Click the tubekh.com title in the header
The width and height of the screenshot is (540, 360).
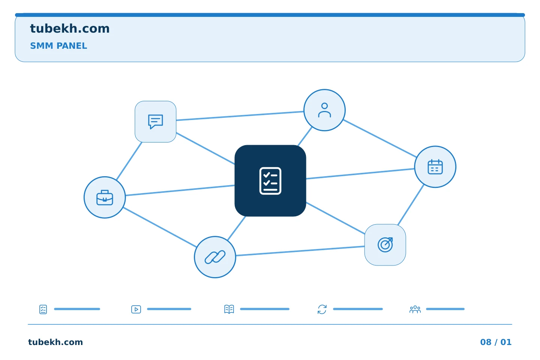click(70, 28)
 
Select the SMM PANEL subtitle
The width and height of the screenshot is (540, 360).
click(58, 46)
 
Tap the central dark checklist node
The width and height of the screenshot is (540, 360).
click(270, 181)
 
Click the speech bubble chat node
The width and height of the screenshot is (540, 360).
click(156, 121)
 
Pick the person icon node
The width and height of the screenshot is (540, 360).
click(324, 110)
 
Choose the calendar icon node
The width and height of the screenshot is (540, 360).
click(435, 166)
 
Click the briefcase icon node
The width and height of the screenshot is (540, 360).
click(105, 197)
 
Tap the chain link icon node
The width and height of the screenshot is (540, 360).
click(215, 257)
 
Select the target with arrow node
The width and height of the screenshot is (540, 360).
click(385, 245)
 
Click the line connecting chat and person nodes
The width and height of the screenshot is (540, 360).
click(240, 116)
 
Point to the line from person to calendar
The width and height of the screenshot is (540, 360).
click(380, 138)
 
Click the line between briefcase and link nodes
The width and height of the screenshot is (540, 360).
click(160, 227)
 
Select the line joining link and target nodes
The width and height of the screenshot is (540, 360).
click(300, 251)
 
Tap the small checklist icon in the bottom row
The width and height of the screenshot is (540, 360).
click(43, 309)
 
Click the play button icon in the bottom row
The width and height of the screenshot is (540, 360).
click(136, 309)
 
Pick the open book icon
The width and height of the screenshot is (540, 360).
click(229, 309)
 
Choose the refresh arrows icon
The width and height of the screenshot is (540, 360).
click(322, 309)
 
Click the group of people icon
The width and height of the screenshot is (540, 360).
click(415, 309)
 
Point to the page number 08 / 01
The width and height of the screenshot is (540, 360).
click(496, 342)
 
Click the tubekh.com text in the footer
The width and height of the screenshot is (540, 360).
click(55, 342)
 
